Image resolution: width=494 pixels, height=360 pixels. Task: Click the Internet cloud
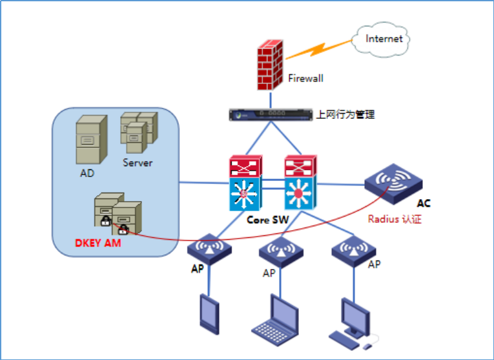[380, 39]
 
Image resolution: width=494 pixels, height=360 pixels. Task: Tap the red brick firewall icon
[270, 65]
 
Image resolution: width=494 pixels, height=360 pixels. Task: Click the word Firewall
[305, 78]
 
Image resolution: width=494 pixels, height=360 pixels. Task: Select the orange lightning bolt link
[319, 50]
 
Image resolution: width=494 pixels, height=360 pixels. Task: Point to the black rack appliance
[271, 115]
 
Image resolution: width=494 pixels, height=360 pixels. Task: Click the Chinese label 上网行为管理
[345, 114]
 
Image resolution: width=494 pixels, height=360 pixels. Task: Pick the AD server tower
[91, 140]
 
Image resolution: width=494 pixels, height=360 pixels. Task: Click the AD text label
[87, 173]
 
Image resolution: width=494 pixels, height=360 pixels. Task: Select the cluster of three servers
[139, 132]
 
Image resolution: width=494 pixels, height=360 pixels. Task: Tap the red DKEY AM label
[98, 243]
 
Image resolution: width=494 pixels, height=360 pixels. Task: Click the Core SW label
[267, 220]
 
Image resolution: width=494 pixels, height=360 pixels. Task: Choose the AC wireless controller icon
[393, 184]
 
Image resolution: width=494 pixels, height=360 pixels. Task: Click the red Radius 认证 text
[395, 219]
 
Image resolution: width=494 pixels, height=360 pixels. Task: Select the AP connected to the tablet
[209, 249]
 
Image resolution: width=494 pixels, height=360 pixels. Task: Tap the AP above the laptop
[281, 252]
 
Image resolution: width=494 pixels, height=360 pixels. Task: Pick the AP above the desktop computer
[354, 251]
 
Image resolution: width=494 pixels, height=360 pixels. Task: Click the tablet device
[209, 314]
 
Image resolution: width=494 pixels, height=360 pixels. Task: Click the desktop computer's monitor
[356, 317]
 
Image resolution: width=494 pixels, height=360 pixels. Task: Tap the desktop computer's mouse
[367, 347]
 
